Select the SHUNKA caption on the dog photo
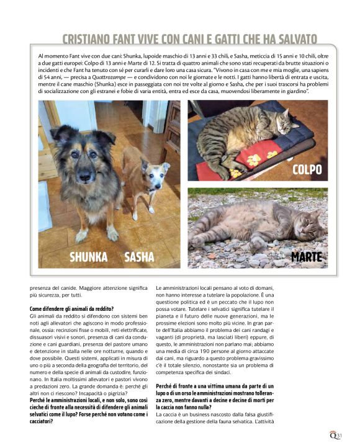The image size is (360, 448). pos(88,257)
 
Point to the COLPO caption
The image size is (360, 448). pos(308,169)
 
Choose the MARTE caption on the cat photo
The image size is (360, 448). pos(307,256)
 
